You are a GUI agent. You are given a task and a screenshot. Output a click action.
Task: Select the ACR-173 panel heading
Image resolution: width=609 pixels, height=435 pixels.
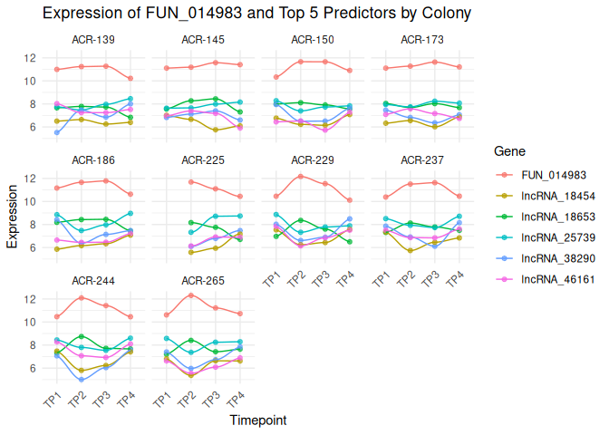(x=422, y=40)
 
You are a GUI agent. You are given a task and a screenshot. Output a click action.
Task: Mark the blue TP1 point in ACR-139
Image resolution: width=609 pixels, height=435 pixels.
(x=57, y=132)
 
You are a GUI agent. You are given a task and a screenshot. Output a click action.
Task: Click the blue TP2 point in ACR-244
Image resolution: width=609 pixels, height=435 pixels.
(x=82, y=380)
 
